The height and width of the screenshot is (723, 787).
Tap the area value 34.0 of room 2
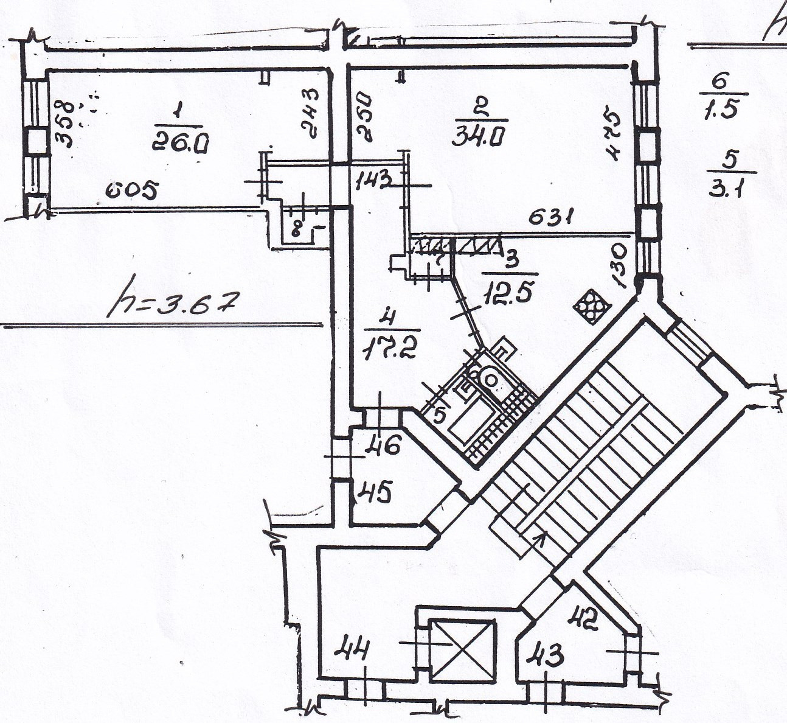point(479,136)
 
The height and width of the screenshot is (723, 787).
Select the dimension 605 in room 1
point(131,192)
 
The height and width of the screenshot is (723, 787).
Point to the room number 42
point(583,619)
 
